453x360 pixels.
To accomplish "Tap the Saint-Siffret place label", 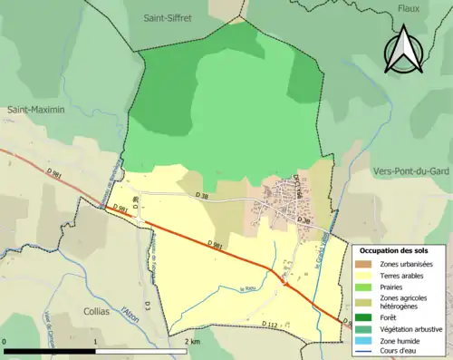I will coord(172,17).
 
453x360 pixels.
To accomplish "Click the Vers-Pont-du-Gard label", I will coord(411,170).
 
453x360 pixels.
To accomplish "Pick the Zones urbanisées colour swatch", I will coord(367,264).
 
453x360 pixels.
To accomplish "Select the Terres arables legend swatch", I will coord(367,275).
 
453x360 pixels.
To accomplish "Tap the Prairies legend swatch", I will coord(367,286).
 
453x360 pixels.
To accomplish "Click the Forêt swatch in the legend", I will coord(367,316).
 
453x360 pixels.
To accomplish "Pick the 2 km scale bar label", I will coord(193,341).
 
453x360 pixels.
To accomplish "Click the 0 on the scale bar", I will coord(5,341).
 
